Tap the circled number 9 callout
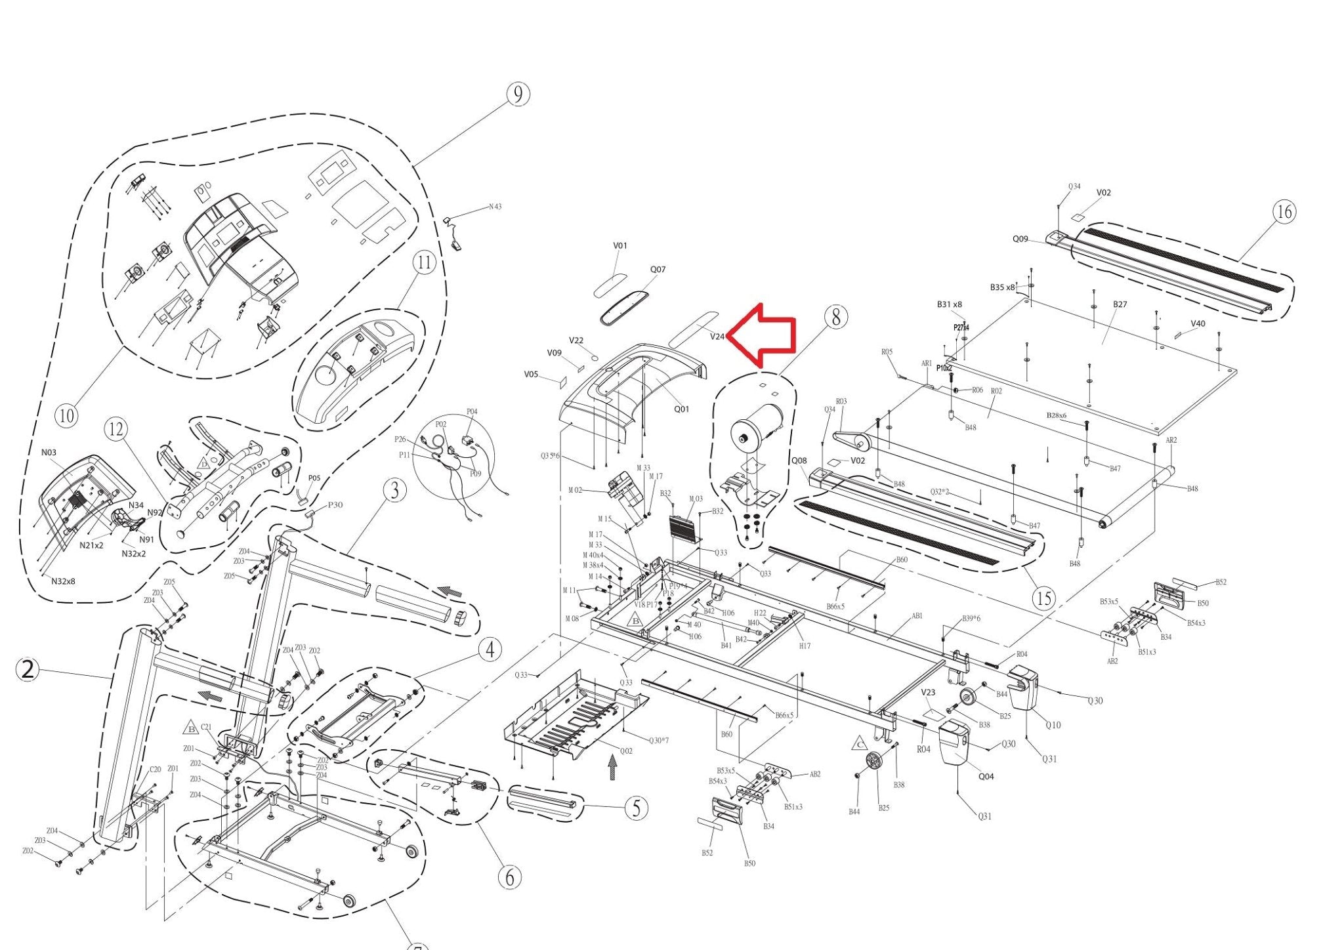tap(518, 94)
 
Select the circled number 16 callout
tap(1284, 212)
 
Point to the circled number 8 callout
tap(835, 317)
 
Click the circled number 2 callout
tap(28, 670)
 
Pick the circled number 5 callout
tap(636, 808)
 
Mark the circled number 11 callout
tap(425, 262)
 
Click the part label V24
tap(717, 337)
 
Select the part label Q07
tap(658, 270)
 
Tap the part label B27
tap(1120, 304)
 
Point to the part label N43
tap(495, 207)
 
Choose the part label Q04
tap(986, 777)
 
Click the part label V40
tap(1198, 323)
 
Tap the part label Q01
tap(682, 409)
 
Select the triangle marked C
tap(859, 744)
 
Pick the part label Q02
tap(626, 751)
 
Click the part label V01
tap(620, 246)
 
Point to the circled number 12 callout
tap(115, 430)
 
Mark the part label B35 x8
tap(1002, 287)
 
